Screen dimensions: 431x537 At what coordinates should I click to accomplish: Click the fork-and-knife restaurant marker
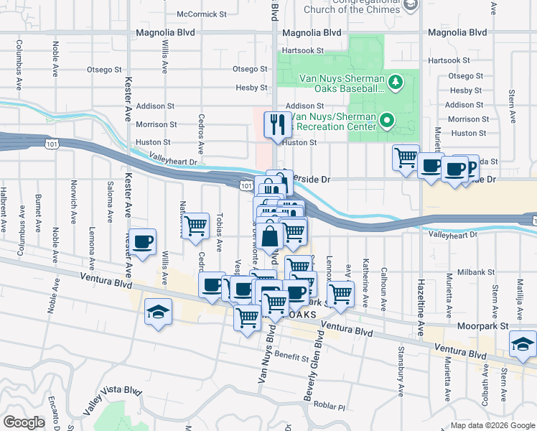(x=276, y=126)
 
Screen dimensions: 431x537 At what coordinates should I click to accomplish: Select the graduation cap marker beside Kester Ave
(x=157, y=312)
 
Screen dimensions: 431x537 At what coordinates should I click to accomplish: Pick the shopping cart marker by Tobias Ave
(x=195, y=226)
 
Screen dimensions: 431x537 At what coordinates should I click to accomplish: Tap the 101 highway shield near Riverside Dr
(x=246, y=185)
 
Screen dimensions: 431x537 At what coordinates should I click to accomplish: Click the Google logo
(x=24, y=422)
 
